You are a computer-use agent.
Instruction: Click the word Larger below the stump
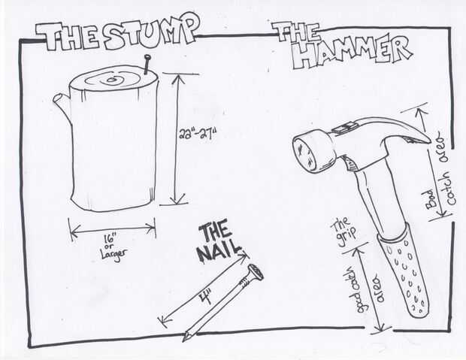113,253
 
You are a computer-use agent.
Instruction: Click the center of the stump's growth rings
113,79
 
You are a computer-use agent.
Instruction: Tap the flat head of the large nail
256,271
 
